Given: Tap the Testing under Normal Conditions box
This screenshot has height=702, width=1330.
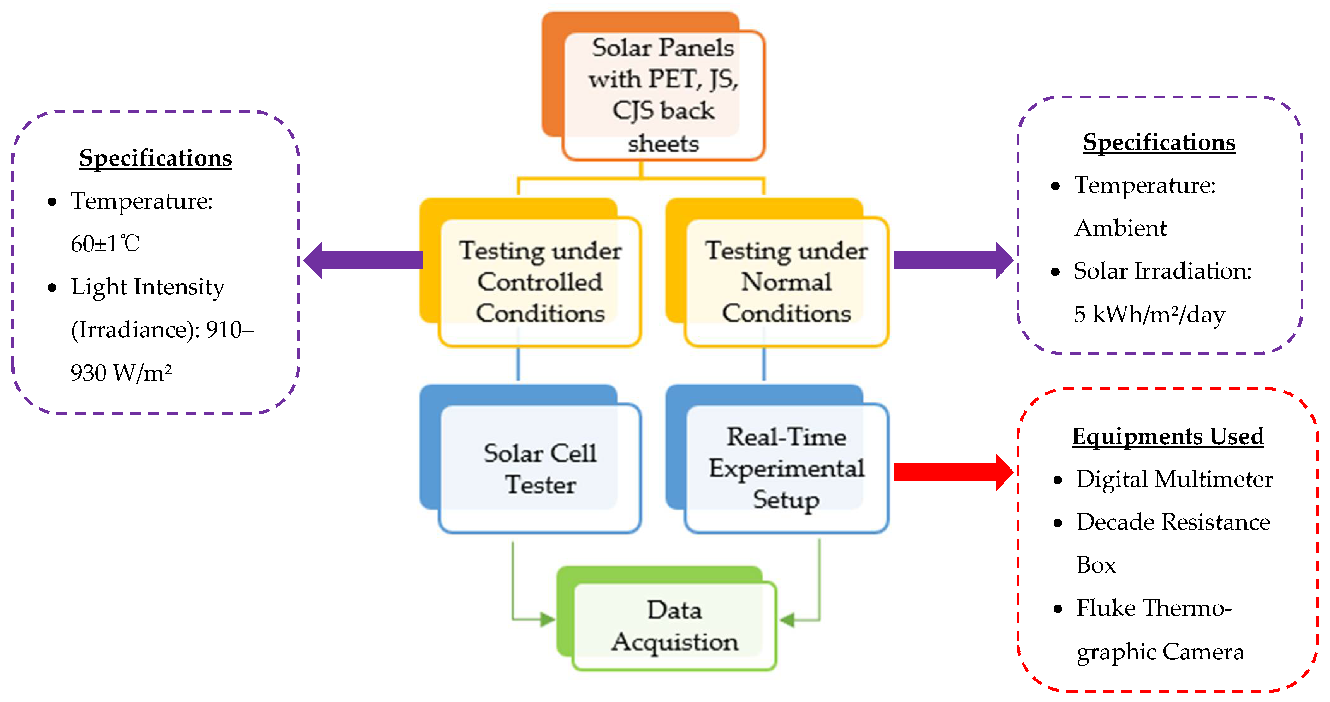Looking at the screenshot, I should pos(786,282).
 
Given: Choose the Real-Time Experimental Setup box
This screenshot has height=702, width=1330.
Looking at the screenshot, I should pos(786,468).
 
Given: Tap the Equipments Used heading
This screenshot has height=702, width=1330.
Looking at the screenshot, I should pos(1167,436).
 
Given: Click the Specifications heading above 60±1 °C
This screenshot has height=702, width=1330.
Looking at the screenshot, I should pos(155,158).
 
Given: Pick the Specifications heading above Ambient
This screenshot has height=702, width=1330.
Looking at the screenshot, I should pos(1159,143).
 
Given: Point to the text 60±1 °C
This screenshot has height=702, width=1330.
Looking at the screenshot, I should pos(105,244).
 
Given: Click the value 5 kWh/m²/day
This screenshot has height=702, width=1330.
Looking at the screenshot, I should pos(1149,314).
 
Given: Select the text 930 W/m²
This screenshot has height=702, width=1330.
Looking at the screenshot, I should pos(121,373).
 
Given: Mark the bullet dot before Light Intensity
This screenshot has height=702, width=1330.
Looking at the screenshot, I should pos(52,287).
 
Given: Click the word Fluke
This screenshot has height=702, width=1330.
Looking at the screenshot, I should pos(1105,608).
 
